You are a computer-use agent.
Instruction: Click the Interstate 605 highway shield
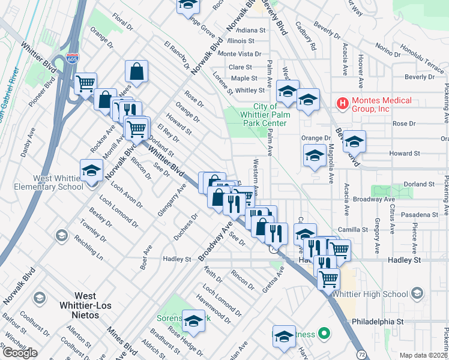click(72, 59)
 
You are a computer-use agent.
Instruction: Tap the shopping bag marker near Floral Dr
click(137, 71)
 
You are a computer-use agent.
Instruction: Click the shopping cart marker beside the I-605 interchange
click(86, 82)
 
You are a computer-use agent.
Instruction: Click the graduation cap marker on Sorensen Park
click(193, 321)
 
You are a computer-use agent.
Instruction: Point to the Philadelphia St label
click(378, 322)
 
